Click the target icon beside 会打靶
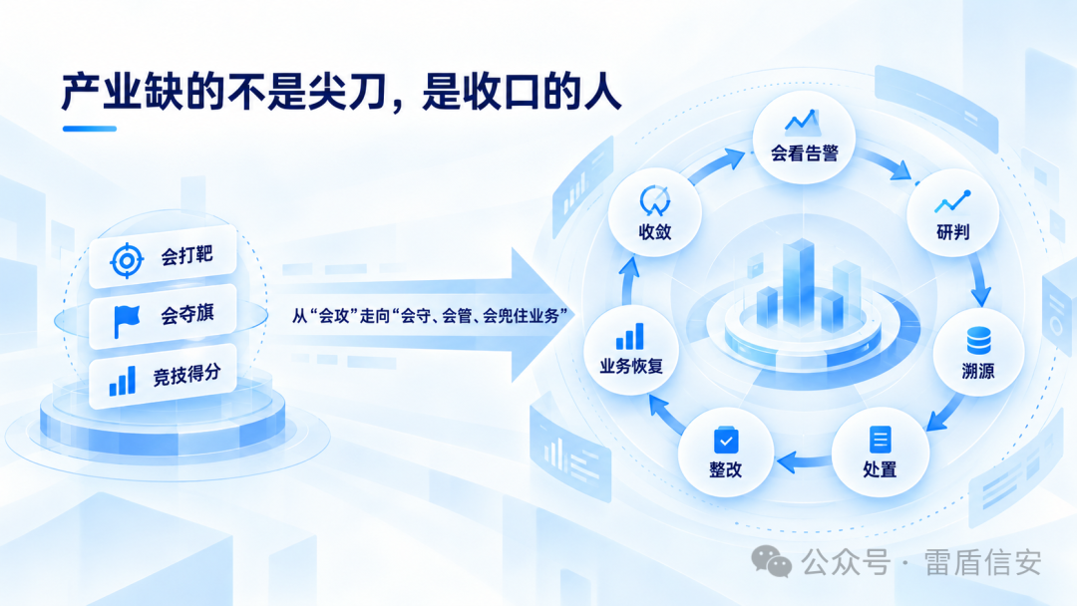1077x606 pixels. pos(127,260)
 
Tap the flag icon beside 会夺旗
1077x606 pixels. pos(127,321)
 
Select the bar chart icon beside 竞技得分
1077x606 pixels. pos(123,381)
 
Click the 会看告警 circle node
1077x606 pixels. pos(804,138)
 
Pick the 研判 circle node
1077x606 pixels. pos(952,213)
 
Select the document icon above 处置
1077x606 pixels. pos(880,440)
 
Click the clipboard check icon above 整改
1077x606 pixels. pos(726,440)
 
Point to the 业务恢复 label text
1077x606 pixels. pos(631,367)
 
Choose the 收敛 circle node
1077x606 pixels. pos(654,212)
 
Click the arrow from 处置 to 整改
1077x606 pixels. pos(804,461)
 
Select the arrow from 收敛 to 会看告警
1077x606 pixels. pos(716,166)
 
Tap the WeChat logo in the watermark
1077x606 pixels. pos(771,561)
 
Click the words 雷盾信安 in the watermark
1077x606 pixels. pos(982,563)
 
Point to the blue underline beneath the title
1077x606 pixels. pos(90,129)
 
